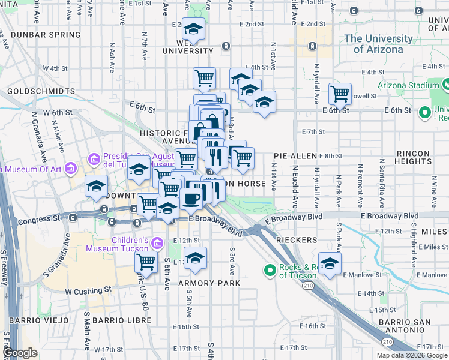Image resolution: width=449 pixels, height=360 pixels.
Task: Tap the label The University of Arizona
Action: [378, 44]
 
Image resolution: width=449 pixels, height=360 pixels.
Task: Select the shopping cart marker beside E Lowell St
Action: [340, 94]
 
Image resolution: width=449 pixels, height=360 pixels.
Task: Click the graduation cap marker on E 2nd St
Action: [193, 28]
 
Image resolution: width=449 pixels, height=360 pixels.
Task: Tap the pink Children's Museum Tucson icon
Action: [157, 243]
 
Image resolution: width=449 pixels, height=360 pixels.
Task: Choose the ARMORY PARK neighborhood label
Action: [209, 283]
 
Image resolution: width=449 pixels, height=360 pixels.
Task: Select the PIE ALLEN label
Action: [295, 156]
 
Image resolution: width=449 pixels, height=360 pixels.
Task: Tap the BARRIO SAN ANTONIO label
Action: [414, 328]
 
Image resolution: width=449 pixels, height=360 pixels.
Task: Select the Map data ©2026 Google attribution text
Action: [411, 355]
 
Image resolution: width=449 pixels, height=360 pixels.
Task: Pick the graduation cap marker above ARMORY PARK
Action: [194, 258]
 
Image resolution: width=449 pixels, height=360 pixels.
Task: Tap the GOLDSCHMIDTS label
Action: [41, 92]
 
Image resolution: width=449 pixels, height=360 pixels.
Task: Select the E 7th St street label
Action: [314, 131]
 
